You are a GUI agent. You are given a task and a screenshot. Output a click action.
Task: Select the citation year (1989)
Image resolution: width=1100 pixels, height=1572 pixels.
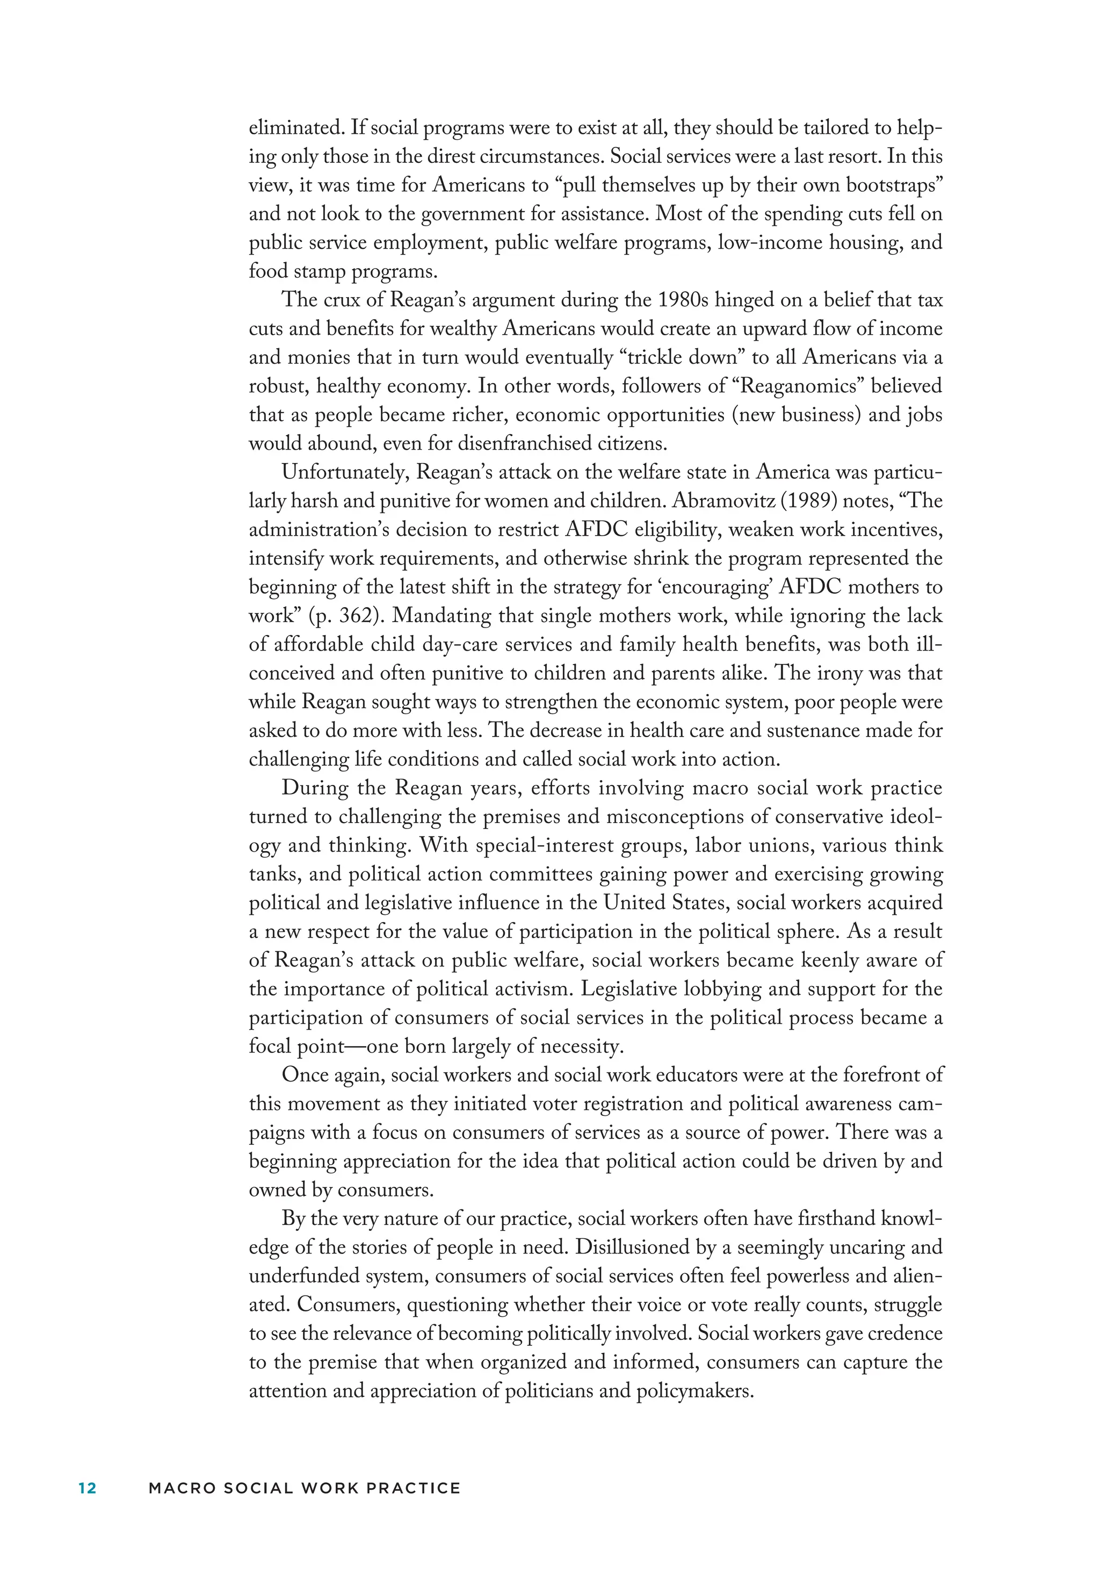[x=806, y=501]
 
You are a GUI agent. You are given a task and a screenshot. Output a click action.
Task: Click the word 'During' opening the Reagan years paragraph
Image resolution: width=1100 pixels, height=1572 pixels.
[x=315, y=788]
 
